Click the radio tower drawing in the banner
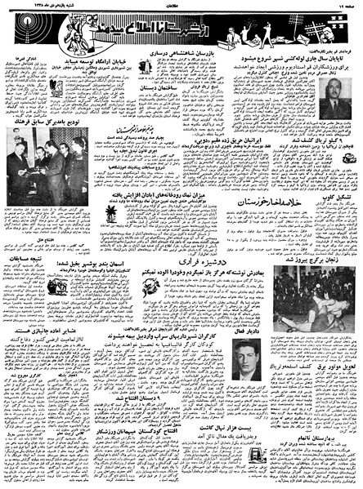(x=20, y=32)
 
